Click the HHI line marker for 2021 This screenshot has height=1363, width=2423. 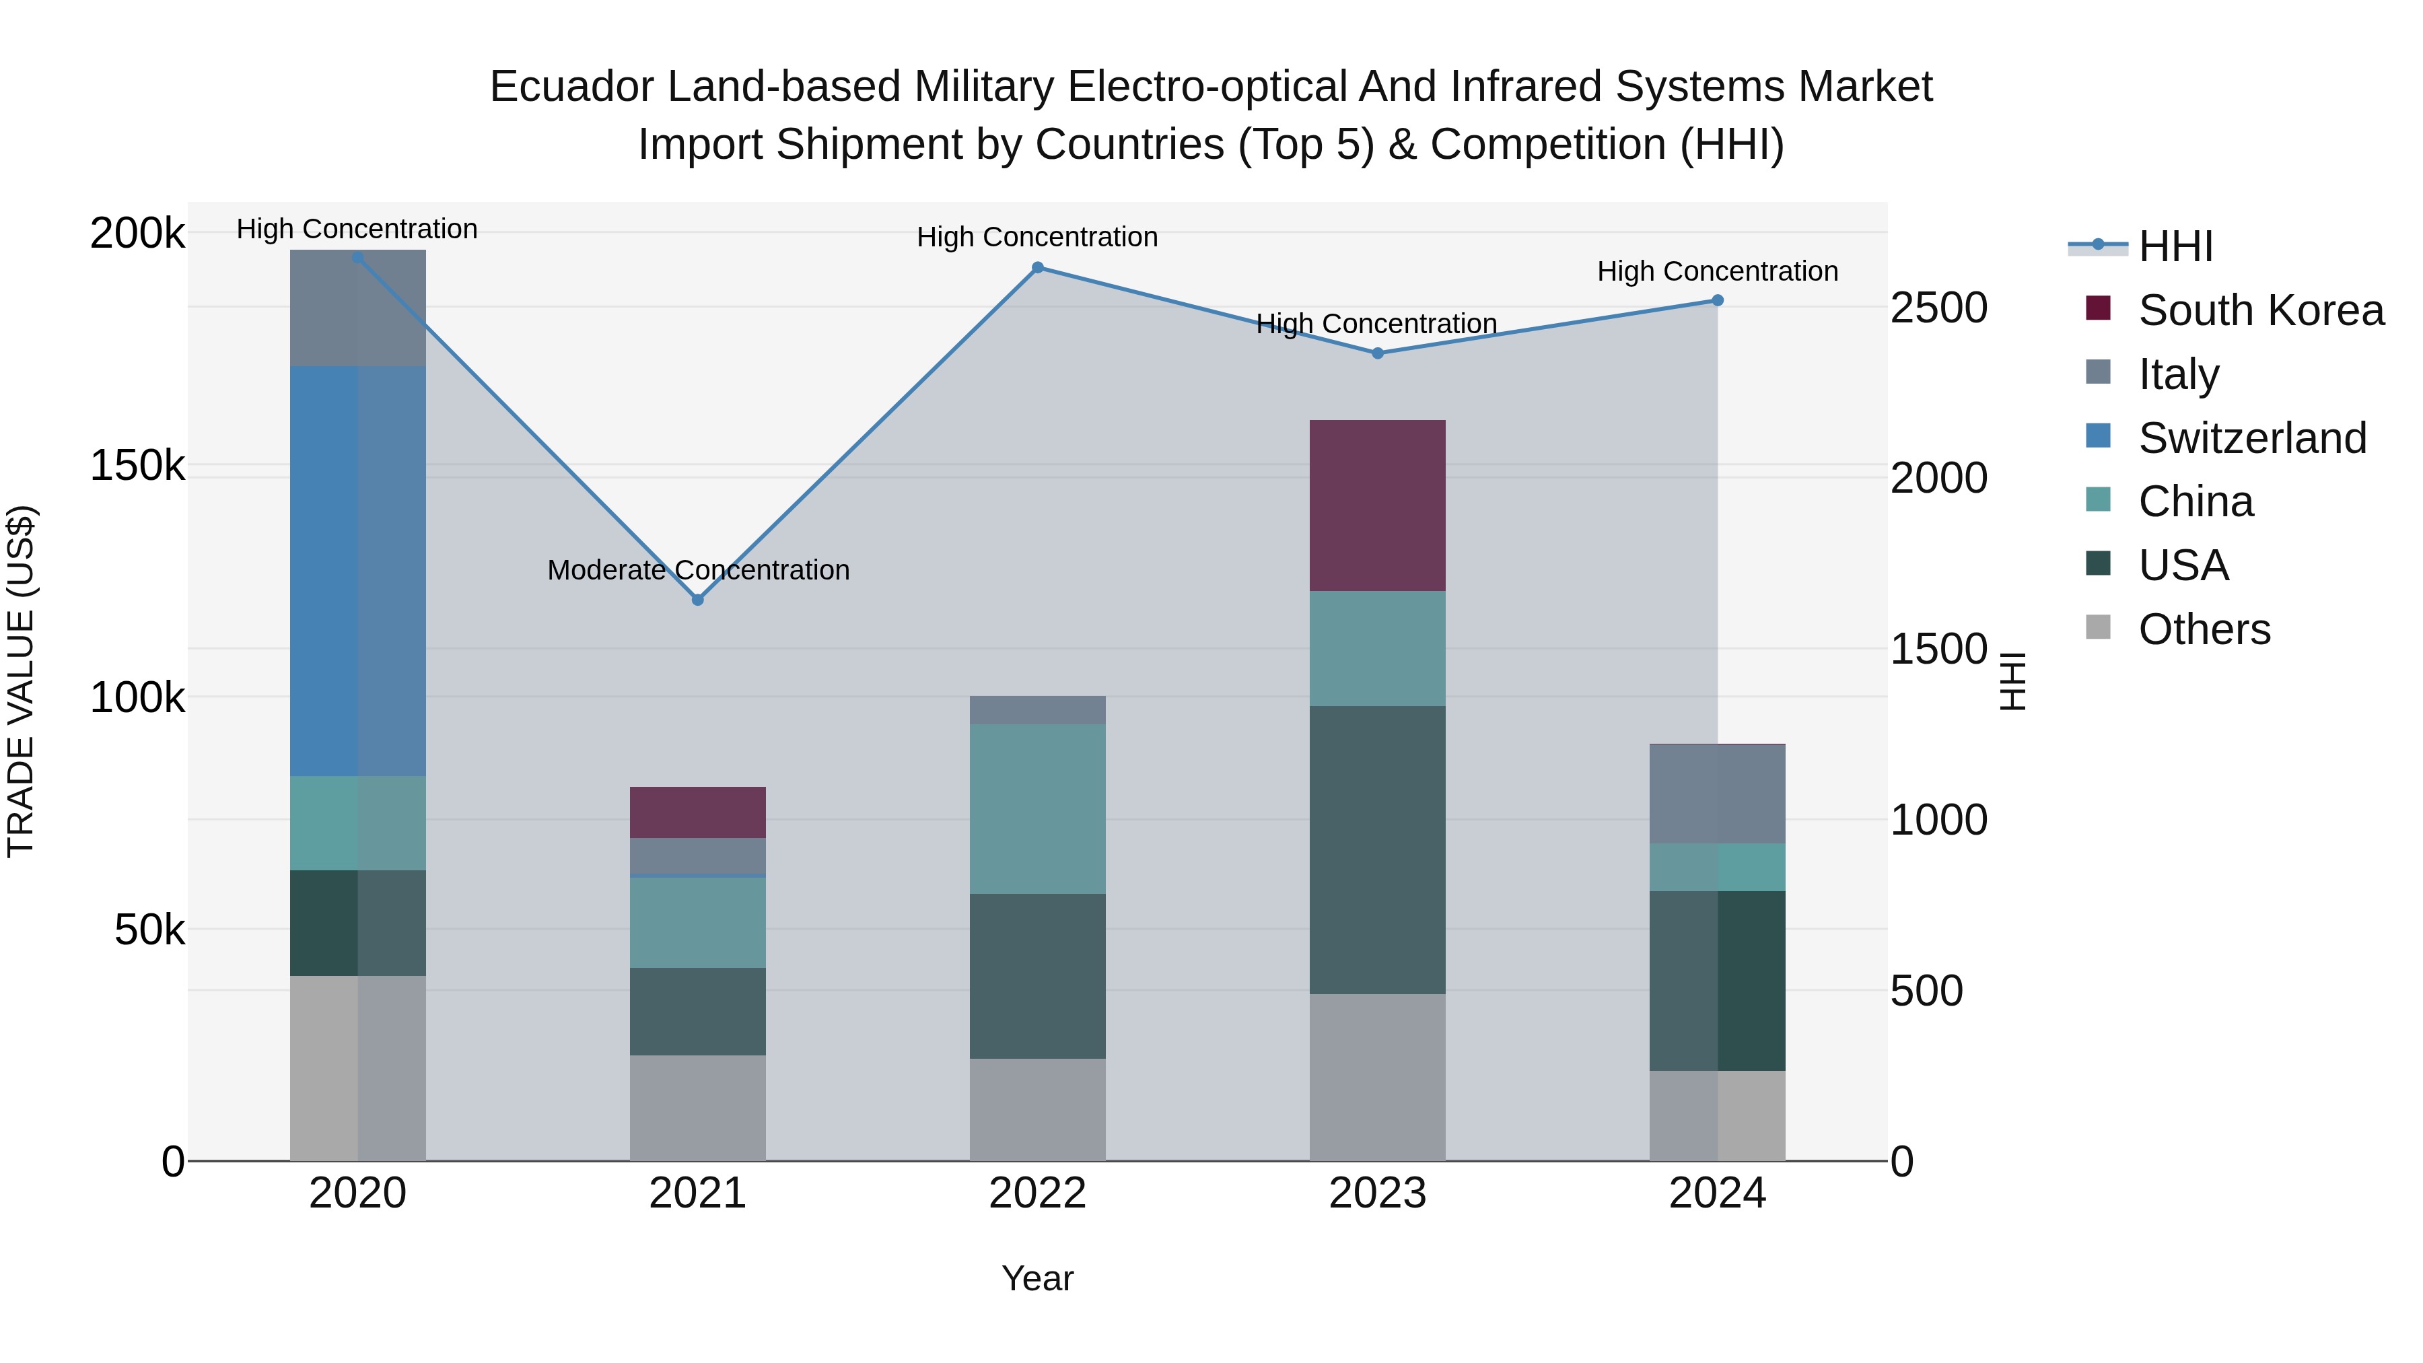tap(697, 599)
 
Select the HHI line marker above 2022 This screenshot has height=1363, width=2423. tap(1037, 268)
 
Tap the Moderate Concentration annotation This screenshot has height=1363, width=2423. tap(698, 570)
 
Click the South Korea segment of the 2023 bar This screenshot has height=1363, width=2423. tap(1377, 505)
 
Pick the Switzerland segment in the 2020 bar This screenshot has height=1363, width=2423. tap(357, 571)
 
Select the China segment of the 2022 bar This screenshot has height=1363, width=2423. tap(1037, 809)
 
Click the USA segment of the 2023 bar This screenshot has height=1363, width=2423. tap(1377, 849)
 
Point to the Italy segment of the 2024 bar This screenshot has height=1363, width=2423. tap(1716, 794)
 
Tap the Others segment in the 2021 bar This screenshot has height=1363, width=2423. tap(697, 1107)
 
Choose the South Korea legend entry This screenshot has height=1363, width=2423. tap(2260, 310)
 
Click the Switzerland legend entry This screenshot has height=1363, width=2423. tap(2252, 438)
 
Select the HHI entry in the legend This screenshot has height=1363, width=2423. tap(2175, 246)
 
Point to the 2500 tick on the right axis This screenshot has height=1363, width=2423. tap(1938, 308)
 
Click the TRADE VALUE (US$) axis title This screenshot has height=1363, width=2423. tap(21, 681)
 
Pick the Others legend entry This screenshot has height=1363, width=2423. tap(2204, 629)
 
